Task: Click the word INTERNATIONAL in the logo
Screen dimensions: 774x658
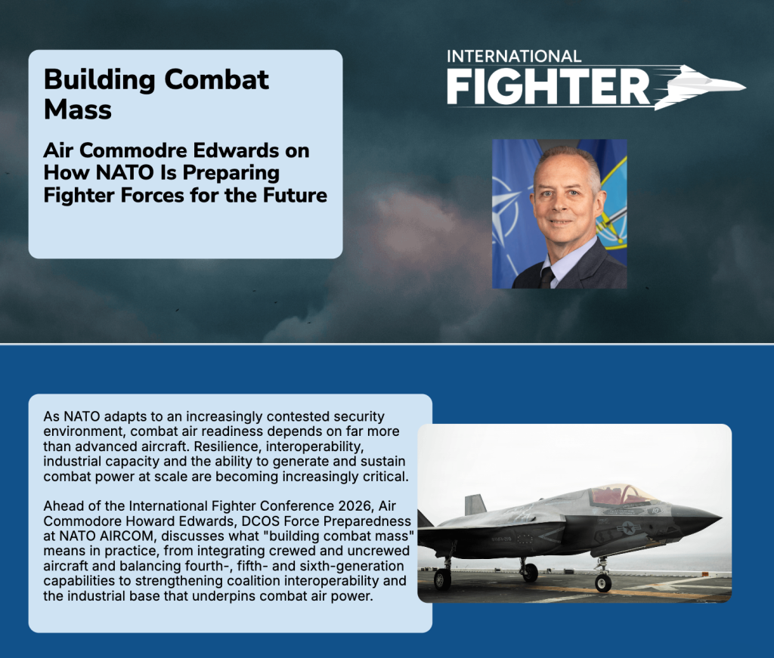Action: click(514, 56)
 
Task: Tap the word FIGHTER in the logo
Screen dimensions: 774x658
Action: click(549, 86)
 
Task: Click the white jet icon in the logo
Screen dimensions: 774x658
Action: click(701, 86)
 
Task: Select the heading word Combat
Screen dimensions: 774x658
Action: click(216, 79)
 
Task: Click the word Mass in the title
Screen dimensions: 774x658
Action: click(78, 110)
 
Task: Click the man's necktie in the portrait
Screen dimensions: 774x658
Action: click(546, 278)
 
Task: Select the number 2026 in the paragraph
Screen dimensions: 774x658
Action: click(356, 506)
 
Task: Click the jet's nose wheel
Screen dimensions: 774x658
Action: click(603, 583)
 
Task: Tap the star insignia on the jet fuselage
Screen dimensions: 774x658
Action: click(628, 528)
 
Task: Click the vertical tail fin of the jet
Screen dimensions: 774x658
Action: click(475, 505)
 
